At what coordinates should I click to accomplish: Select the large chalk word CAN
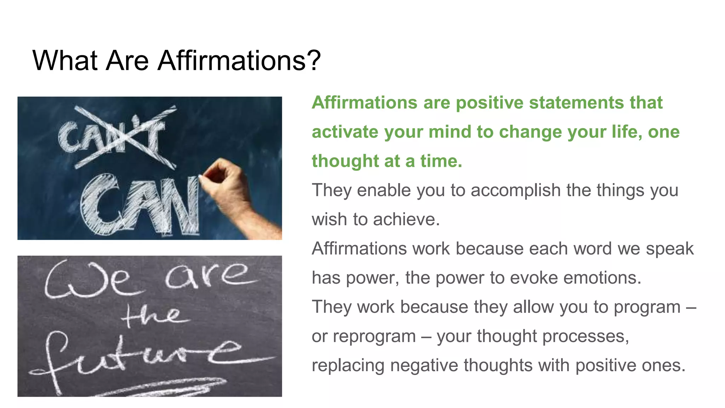click(140, 205)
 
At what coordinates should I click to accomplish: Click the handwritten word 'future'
click(142, 358)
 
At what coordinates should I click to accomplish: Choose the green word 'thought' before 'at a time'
click(345, 161)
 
